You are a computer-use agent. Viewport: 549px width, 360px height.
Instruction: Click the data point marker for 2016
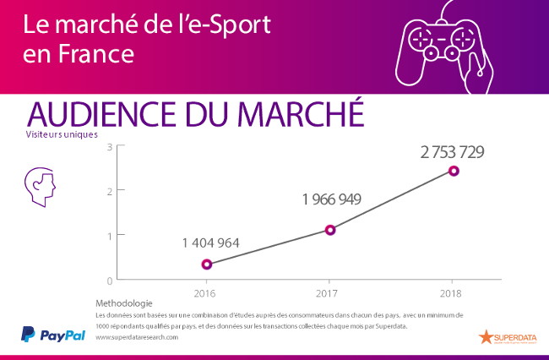(x=207, y=265)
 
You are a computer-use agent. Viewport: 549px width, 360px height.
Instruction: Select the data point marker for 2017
(x=330, y=230)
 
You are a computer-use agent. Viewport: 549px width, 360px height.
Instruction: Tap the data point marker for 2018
(x=454, y=171)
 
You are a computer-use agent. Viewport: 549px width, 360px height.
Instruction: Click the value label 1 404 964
(x=210, y=243)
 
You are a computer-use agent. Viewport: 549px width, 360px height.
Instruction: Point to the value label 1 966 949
(x=332, y=200)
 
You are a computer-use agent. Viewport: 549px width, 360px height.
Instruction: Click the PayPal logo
(x=53, y=334)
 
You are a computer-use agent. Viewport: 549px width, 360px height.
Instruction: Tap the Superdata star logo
(x=486, y=337)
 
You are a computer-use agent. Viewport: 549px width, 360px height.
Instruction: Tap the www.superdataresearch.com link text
(x=137, y=337)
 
